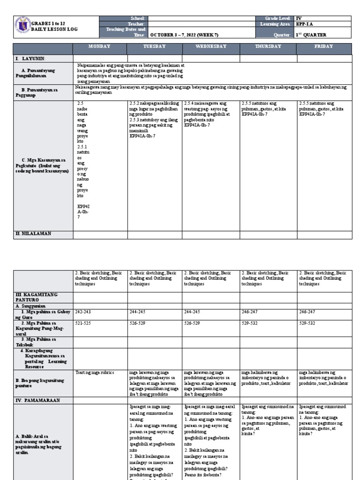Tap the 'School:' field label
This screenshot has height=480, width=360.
(138, 18)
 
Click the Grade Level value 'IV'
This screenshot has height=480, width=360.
(299, 18)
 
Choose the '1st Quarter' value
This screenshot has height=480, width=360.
(311, 35)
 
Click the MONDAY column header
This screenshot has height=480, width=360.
(100, 46)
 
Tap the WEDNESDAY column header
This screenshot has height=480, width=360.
(211, 46)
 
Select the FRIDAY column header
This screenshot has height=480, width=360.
(324, 46)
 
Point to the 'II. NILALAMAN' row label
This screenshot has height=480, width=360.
(33, 233)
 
